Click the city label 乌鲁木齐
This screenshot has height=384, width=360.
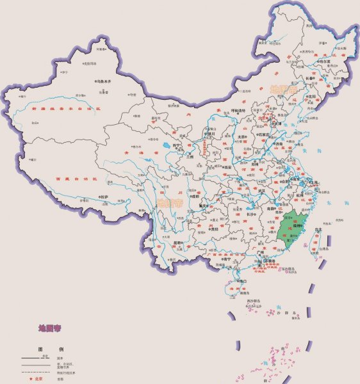[104, 82]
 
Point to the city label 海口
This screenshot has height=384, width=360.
[241, 281]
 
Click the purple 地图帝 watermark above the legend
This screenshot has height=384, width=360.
[49, 329]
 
